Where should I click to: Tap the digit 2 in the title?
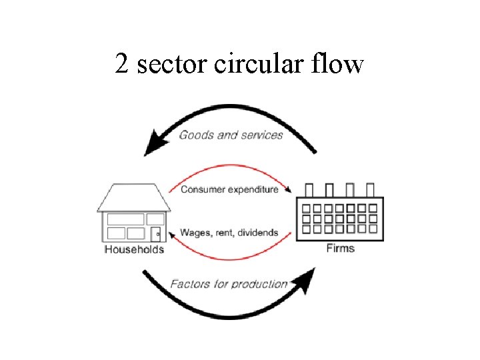121,65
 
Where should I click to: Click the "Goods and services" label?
231,135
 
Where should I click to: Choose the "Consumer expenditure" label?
229,189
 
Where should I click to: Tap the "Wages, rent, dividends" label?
229,233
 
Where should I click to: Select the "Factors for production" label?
229,284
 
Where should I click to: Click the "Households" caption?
134,250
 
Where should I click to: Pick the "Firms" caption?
340,249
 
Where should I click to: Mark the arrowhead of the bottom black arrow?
305,281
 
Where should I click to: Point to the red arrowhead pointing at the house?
171,233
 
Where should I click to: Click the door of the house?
155,234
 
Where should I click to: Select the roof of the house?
133,197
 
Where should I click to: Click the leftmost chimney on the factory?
309,189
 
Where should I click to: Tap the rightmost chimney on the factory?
371,189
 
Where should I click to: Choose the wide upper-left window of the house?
125,219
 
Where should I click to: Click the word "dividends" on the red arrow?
256,233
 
